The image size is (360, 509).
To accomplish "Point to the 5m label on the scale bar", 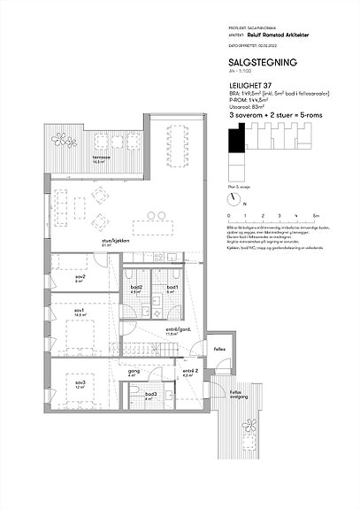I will click(x=315, y=215).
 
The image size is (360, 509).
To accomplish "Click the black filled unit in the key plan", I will click(x=234, y=138).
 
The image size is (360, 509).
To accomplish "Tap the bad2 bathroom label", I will click(x=136, y=289).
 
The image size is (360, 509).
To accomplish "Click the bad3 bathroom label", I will click(x=151, y=395).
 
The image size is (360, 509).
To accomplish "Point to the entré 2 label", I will click(x=188, y=372).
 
